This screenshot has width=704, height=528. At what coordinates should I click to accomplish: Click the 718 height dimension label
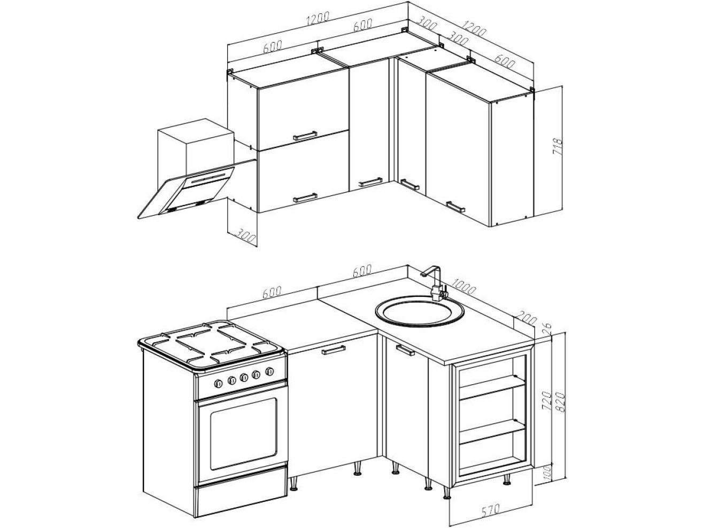click(x=558, y=147)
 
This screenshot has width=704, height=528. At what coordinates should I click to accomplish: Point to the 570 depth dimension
click(x=490, y=518)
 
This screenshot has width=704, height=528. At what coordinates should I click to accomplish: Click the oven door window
click(x=243, y=434)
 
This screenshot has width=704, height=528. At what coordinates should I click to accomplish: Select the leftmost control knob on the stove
click(x=218, y=383)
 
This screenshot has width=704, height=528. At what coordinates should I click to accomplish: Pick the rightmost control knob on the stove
click(x=269, y=372)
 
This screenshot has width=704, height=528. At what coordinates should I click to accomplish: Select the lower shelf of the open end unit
click(x=492, y=432)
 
